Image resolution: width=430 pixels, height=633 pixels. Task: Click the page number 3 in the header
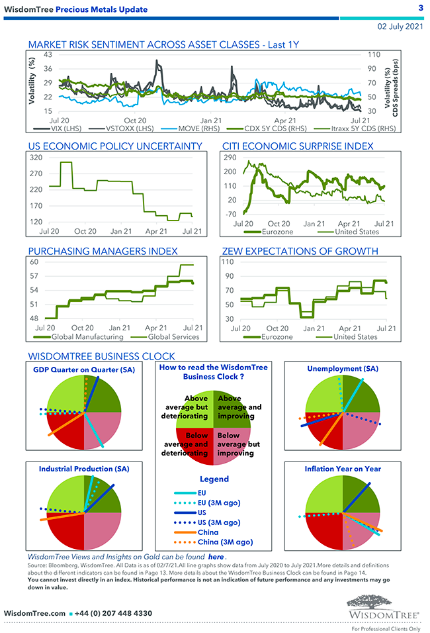click(x=421, y=7)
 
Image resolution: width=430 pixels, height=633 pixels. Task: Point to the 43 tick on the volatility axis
click(x=48, y=54)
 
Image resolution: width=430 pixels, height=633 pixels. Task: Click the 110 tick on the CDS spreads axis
click(x=373, y=54)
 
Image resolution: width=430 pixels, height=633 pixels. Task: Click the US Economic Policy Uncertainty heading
click(x=115, y=146)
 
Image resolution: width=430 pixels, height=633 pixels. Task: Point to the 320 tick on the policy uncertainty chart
click(x=36, y=158)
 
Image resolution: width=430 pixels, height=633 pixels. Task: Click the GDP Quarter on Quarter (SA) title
click(x=84, y=369)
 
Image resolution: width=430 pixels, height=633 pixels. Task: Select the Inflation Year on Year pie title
click(x=343, y=469)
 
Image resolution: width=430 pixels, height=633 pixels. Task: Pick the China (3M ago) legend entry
click(x=225, y=542)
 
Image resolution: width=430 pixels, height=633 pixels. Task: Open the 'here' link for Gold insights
click(x=216, y=558)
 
